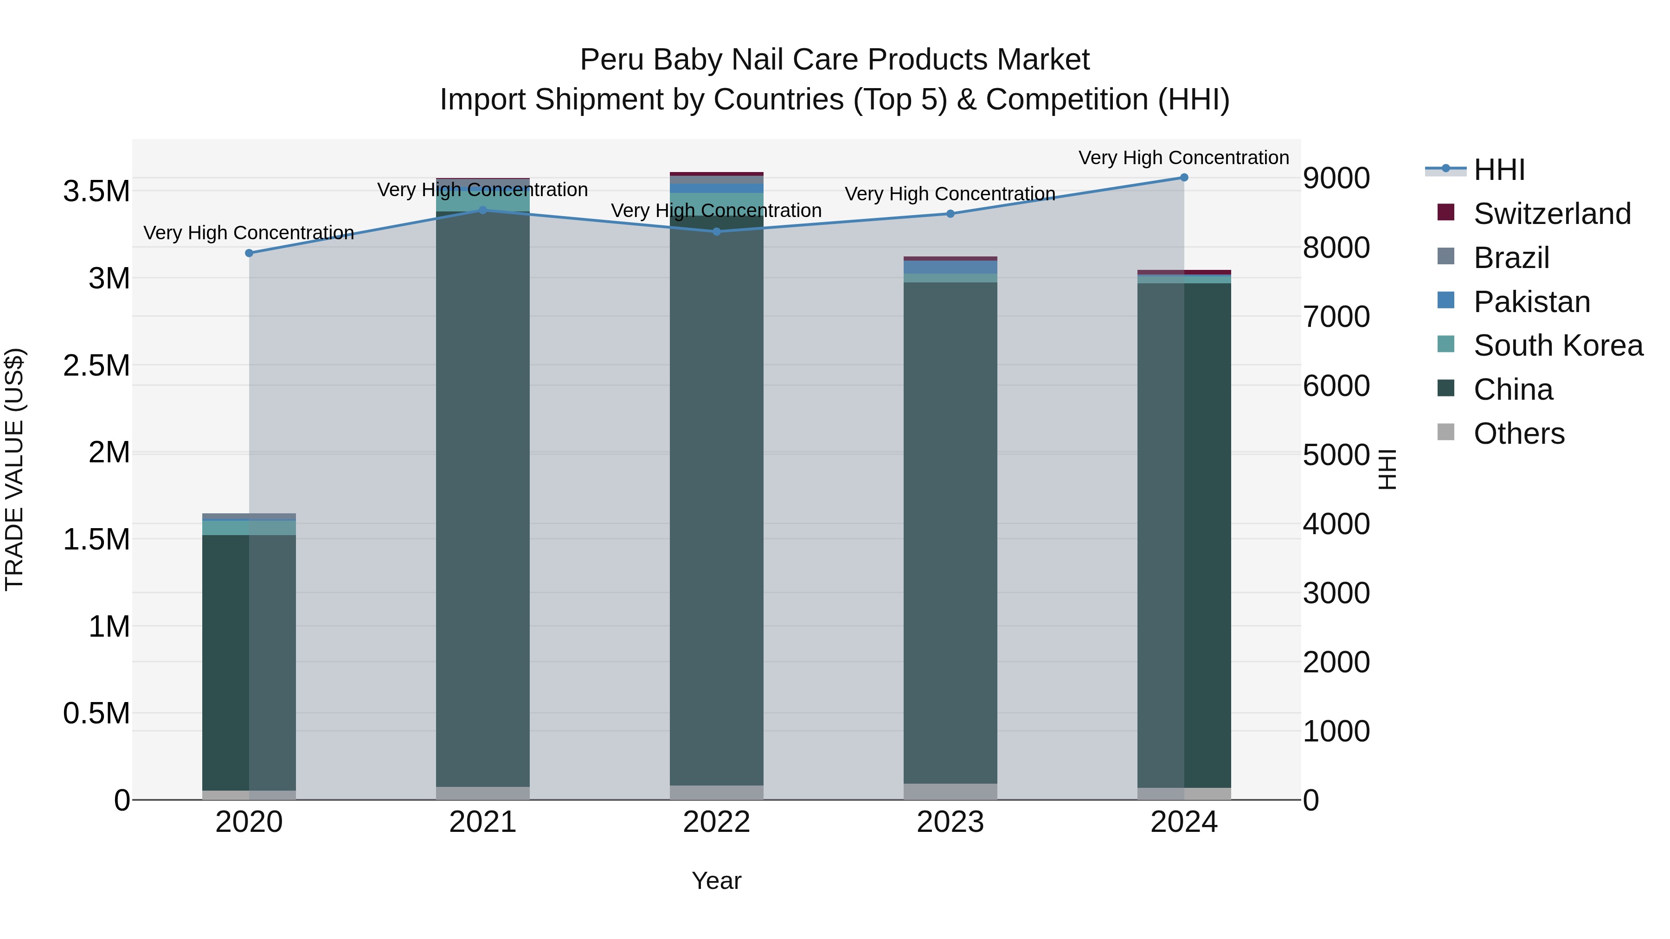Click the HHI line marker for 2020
click(x=249, y=253)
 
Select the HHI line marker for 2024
click(x=1184, y=178)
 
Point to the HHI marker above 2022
click(x=716, y=231)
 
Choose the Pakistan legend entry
click(x=1531, y=302)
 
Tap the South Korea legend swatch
click(x=1445, y=345)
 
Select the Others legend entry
click(x=1518, y=434)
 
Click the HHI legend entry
click(x=1499, y=170)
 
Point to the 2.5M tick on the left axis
click(x=96, y=365)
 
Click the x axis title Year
click(x=716, y=881)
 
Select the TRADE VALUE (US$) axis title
click(x=15, y=469)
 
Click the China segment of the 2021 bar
click(x=482, y=499)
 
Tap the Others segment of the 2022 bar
click(x=716, y=792)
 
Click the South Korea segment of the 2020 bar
click(x=249, y=528)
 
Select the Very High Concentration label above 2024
click(x=1184, y=158)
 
